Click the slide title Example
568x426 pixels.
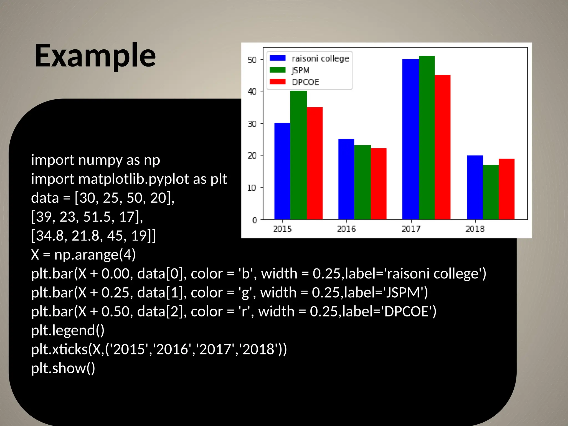pos(95,56)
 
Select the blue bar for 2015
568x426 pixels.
pos(282,171)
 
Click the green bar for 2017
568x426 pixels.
pos(427,138)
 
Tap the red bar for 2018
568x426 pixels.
pos(506,189)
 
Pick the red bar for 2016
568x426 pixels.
pos(379,184)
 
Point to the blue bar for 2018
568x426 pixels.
pos(475,187)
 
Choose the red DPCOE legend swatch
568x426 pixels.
pos(278,82)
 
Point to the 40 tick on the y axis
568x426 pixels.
pos(252,92)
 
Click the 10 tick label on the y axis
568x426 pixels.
pos(251,188)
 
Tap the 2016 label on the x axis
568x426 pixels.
pos(346,229)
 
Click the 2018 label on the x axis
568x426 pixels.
pos(475,229)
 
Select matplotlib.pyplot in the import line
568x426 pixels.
pos(134,179)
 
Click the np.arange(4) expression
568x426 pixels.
pos(95,254)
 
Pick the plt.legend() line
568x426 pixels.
pos(68,330)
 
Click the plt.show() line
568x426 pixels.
pos(63,368)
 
